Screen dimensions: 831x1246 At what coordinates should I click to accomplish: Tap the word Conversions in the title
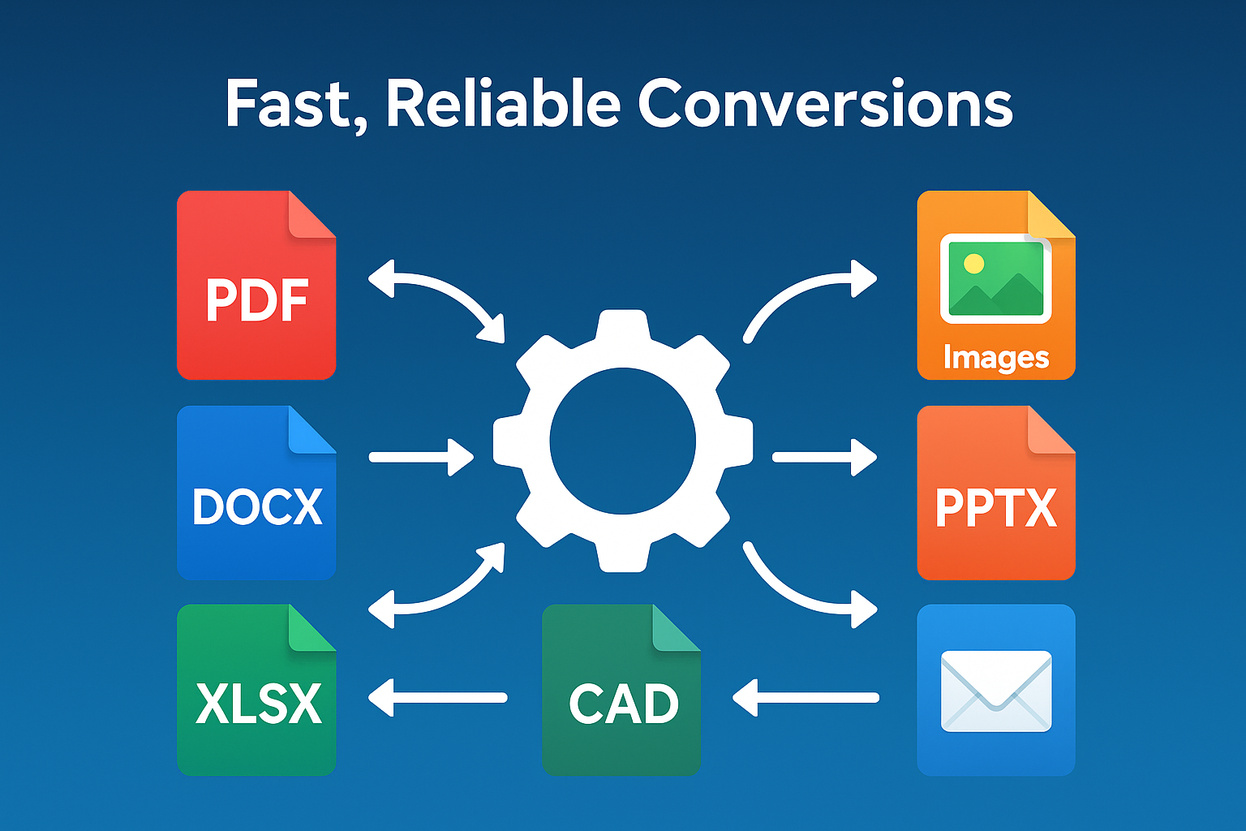[825, 105]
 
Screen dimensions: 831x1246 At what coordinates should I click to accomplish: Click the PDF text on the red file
[257, 301]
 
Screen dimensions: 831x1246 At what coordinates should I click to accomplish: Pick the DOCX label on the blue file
[257, 507]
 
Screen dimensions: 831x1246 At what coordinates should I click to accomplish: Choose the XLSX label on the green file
[258, 704]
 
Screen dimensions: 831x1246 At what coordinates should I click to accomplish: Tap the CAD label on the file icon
[623, 704]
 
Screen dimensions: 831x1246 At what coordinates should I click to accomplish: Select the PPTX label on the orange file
[995, 508]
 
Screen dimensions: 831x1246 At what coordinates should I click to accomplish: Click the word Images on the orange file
[995, 358]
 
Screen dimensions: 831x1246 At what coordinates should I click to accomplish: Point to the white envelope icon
[995, 691]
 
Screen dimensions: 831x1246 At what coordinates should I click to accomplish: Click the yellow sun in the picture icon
[973, 263]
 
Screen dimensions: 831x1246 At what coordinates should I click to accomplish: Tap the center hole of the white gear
[622, 441]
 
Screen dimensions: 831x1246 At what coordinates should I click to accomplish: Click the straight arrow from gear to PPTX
[823, 458]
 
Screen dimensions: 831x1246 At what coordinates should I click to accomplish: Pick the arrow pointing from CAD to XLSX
[438, 697]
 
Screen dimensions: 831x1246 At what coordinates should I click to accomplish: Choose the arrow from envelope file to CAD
[805, 697]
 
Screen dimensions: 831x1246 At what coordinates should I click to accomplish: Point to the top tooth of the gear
[622, 325]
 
